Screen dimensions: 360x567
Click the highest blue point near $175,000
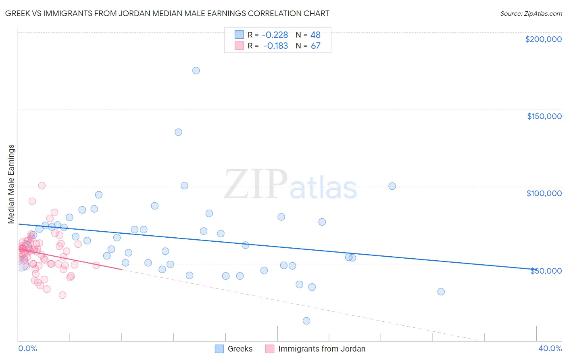(196, 71)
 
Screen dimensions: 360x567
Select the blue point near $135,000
(178, 132)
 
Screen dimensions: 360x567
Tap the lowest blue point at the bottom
(306, 321)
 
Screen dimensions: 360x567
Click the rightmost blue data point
(441, 291)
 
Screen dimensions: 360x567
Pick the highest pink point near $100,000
(42, 186)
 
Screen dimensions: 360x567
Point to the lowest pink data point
(63, 295)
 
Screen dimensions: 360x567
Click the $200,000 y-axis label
(543, 39)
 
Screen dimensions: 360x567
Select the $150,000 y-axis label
(544, 116)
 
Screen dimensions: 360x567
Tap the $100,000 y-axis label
(544, 193)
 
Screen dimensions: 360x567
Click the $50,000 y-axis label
(546, 271)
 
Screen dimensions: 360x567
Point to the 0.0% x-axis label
(27, 348)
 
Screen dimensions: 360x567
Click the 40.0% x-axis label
(550, 348)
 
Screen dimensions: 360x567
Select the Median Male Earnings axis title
(11, 184)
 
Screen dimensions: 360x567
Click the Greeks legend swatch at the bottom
(219, 349)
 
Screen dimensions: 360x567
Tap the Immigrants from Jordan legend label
(321, 349)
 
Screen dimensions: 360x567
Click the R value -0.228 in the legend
(275, 35)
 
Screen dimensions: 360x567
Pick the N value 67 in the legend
(315, 46)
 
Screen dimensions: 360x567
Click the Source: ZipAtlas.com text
(531, 14)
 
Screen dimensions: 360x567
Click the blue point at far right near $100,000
(392, 186)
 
